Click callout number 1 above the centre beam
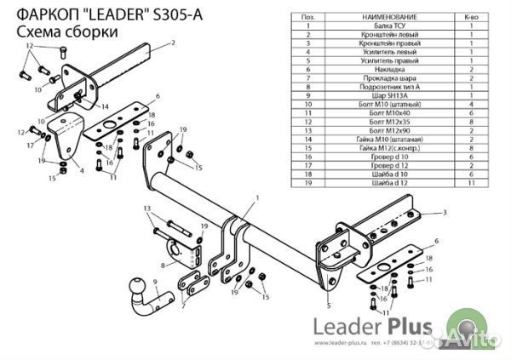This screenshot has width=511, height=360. click(255, 197)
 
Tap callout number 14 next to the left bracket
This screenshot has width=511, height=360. click(105, 107)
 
